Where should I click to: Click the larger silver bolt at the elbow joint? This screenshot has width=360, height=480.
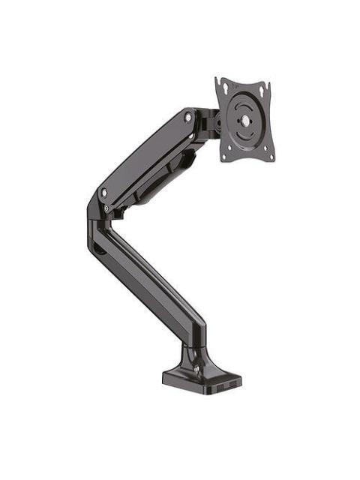[x=103, y=193]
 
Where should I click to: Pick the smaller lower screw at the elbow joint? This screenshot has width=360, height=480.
[x=106, y=208]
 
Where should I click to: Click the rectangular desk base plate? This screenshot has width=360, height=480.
[x=199, y=379]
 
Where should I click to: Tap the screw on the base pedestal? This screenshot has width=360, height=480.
[x=196, y=367]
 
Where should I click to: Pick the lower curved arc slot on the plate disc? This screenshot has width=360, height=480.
[x=245, y=135]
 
